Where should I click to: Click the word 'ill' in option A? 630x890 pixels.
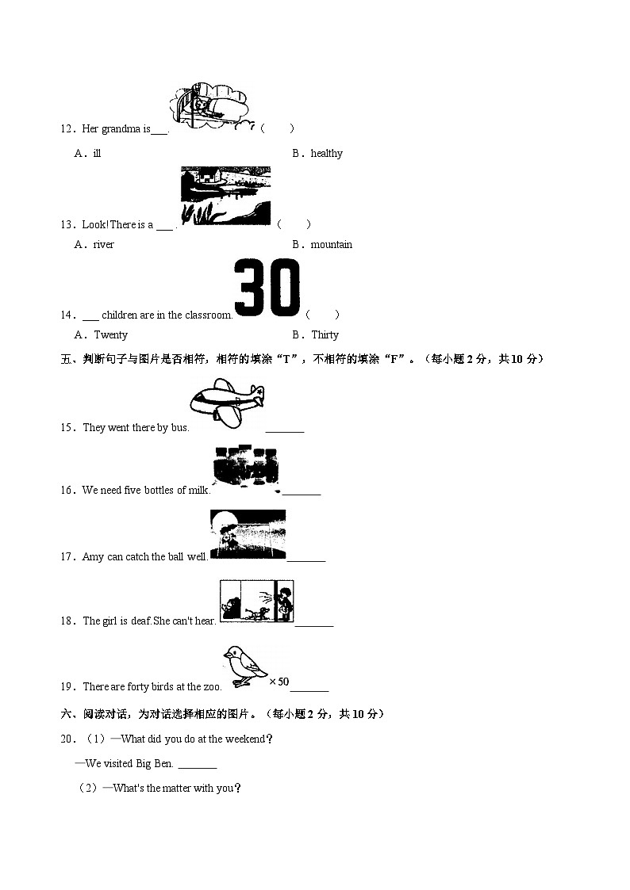tap(97, 154)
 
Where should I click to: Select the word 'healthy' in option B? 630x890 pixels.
tap(326, 154)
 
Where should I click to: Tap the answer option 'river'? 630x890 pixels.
tap(103, 245)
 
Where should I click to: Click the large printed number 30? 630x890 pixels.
tap(267, 288)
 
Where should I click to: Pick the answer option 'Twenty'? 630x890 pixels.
tap(110, 335)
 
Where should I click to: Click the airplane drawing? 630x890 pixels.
tap(227, 403)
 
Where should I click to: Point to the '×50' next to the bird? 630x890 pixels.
tap(279, 682)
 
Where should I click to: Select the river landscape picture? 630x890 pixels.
tap(225, 196)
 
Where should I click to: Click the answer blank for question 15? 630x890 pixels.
tap(285, 430)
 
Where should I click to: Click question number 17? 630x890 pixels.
tap(67, 557)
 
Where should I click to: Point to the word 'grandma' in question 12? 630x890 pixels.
tap(120, 129)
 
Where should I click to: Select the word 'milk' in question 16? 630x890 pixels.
tap(198, 491)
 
